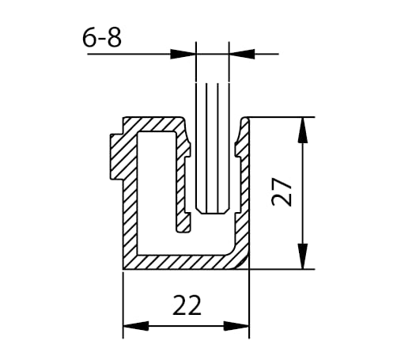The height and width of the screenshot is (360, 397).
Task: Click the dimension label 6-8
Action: coord(102,38)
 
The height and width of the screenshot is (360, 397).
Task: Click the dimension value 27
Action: coord(282,191)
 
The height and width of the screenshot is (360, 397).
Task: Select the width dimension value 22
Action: coord(187,305)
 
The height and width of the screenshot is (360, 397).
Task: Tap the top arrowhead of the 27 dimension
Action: coord(303,130)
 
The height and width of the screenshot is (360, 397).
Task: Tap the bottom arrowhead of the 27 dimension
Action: coord(303,256)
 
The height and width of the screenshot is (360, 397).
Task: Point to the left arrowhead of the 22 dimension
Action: coord(136,326)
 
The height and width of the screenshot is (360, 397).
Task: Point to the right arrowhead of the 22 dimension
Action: coord(236,326)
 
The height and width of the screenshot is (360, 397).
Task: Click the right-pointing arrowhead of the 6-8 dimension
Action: coord(183,54)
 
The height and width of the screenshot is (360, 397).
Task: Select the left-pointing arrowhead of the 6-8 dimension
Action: coord(242,54)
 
